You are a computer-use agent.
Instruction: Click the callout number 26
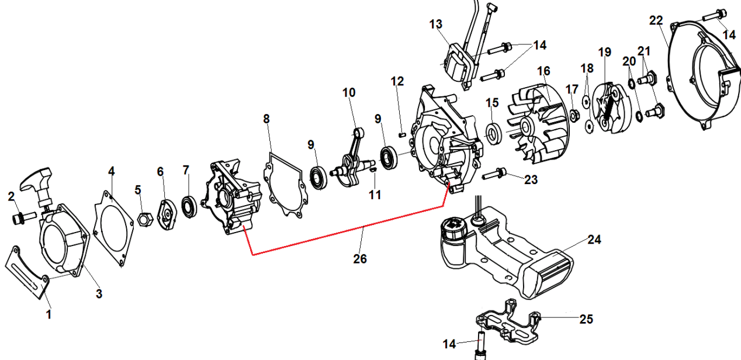(361, 258)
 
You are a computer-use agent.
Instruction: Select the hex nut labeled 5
(144, 219)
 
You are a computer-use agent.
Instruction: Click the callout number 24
(594, 240)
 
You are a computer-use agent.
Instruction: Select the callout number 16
(543, 71)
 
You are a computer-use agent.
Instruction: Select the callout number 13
(436, 25)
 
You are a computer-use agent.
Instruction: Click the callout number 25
(586, 319)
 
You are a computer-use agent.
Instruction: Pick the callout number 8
(266, 119)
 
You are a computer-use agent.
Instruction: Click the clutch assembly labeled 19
(608, 106)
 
